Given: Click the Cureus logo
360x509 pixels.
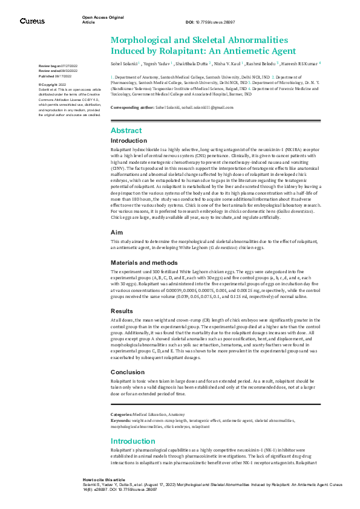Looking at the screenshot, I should click(x=32, y=21).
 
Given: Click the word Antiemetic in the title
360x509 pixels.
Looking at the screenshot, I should click(x=235, y=50).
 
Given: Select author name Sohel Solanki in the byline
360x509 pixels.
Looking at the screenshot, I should click(x=124, y=63).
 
